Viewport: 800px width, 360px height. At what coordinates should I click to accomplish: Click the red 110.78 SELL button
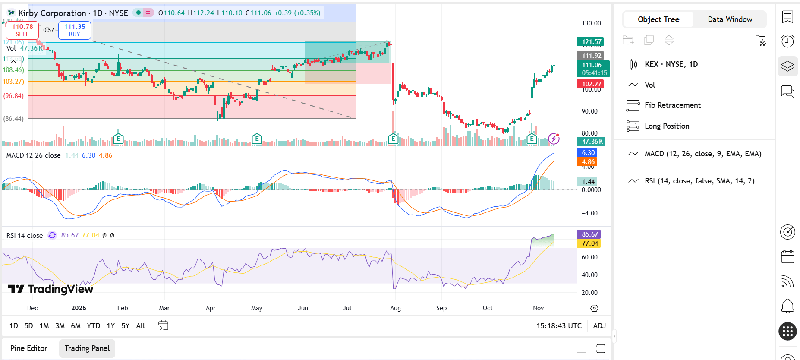point(22,30)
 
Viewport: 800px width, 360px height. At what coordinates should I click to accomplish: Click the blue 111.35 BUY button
point(75,30)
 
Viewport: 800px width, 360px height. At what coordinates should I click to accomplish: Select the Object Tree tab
point(658,19)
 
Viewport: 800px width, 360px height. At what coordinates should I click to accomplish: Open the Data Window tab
point(730,19)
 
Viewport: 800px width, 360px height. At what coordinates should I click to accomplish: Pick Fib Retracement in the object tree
point(672,105)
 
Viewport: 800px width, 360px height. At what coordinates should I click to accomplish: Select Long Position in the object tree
point(667,126)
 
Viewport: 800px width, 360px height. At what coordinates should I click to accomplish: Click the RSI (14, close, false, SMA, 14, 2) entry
point(699,181)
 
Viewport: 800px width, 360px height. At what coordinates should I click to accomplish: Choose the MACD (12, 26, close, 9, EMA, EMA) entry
point(702,154)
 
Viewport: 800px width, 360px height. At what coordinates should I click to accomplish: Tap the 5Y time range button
point(125,326)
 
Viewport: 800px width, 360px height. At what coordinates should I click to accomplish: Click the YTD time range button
point(93,326)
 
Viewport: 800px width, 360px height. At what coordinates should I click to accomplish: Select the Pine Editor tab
point(29,348)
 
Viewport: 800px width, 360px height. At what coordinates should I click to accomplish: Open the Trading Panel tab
point(87,348)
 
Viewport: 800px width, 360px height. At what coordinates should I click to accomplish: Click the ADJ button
point(599,326)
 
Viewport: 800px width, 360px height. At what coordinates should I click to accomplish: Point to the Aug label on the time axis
point(395,308)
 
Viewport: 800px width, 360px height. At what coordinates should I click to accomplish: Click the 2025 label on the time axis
point(79,308)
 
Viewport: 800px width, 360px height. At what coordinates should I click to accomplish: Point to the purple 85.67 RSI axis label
point(589,234)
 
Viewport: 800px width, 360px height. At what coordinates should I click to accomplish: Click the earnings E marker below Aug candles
point(393,139)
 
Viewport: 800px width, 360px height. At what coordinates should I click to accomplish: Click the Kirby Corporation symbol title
point(52,13)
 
